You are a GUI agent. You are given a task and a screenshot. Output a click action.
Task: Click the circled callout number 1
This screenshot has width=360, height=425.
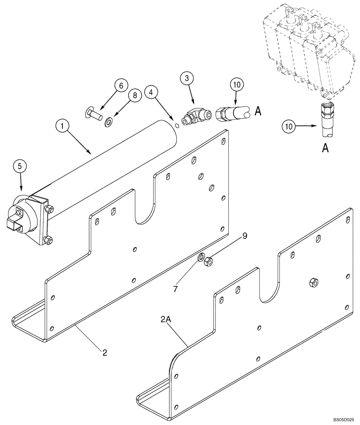click(x=62, y=126)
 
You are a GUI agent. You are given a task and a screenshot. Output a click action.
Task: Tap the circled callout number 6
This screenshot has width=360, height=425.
click(x=121, y=86)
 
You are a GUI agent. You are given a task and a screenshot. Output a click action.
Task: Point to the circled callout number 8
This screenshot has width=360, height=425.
click(x=135, y=96)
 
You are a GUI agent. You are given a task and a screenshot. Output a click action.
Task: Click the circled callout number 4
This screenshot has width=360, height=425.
click(x=152, y=92)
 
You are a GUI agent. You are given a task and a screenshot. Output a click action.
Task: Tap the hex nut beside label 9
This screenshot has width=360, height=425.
click(x=208, y=261)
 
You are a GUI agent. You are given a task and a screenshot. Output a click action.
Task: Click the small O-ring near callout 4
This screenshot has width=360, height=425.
click(x=177, y=125)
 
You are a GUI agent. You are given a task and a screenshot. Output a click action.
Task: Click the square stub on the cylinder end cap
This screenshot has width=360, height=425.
click(x=14, y=224)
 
